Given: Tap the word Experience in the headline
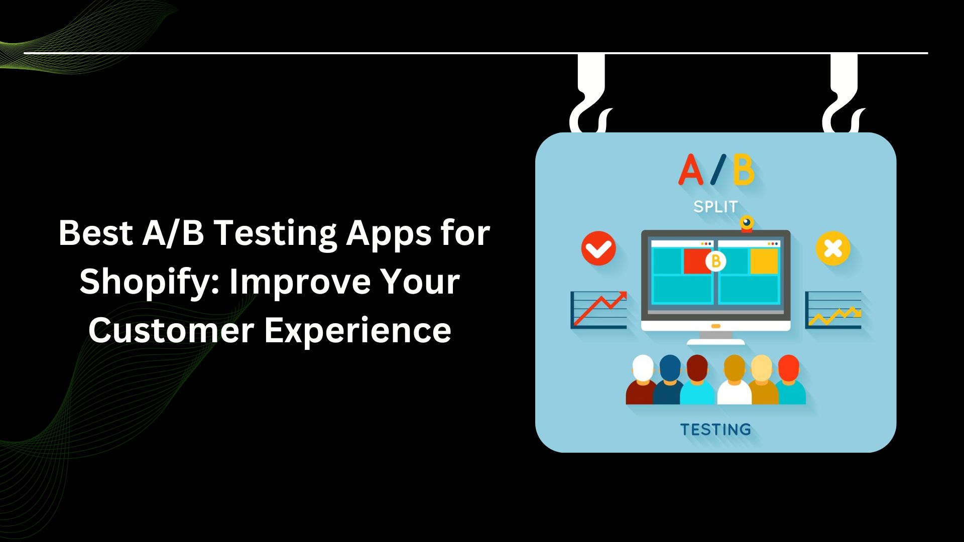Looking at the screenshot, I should coord(357,331).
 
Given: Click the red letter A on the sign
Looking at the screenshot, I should coord(690,171).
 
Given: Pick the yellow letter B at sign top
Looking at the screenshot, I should coord(743,171).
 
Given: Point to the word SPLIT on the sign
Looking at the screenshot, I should coord(715,207).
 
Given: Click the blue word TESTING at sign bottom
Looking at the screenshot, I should coord(715,430).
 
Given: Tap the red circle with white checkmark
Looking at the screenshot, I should coord(598,248).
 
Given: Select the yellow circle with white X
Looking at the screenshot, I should coord(833,248).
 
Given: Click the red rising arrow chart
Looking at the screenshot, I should coord(599,309).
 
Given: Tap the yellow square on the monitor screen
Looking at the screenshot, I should coord(764,261).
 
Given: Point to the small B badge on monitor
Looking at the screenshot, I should coord(715,261).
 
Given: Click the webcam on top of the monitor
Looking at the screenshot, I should coord(747,224).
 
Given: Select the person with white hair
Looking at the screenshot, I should coord(642,379).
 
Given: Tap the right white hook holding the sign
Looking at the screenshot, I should coord(843,95).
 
